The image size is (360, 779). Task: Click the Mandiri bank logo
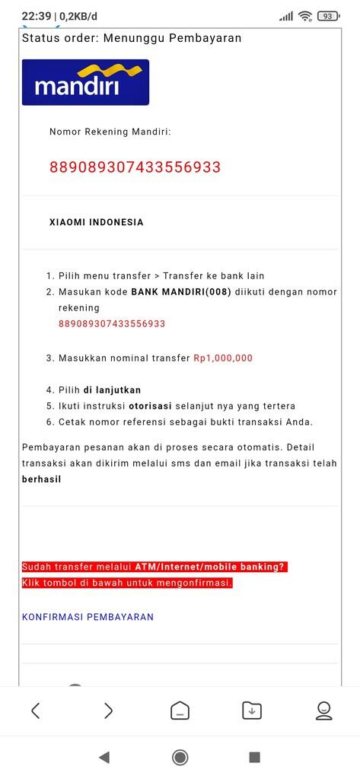pos(85,82)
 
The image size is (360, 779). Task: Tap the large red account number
pos(135,167)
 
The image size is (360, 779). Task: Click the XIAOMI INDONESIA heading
pos(96,223)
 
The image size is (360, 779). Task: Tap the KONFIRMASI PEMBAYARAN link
pos(88,617)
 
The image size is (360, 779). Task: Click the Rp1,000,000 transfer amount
pos(223,358)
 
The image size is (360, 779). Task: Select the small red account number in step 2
pos(112,323)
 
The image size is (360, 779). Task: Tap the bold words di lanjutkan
pos(112,389)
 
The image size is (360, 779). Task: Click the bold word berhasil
pos(41,479)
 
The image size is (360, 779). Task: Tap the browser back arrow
pos(35,711)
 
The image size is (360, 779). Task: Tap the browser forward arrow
pos(107,711)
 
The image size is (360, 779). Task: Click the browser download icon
pos(252,711)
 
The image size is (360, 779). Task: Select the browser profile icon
pos(323,711)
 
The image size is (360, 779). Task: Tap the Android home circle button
pos(180,757)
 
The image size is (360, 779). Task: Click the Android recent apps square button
pos(254,757)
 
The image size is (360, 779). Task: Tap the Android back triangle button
pos(104,757)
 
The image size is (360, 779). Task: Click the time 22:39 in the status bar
pos(36,16)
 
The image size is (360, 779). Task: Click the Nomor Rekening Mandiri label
pos(110,132)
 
